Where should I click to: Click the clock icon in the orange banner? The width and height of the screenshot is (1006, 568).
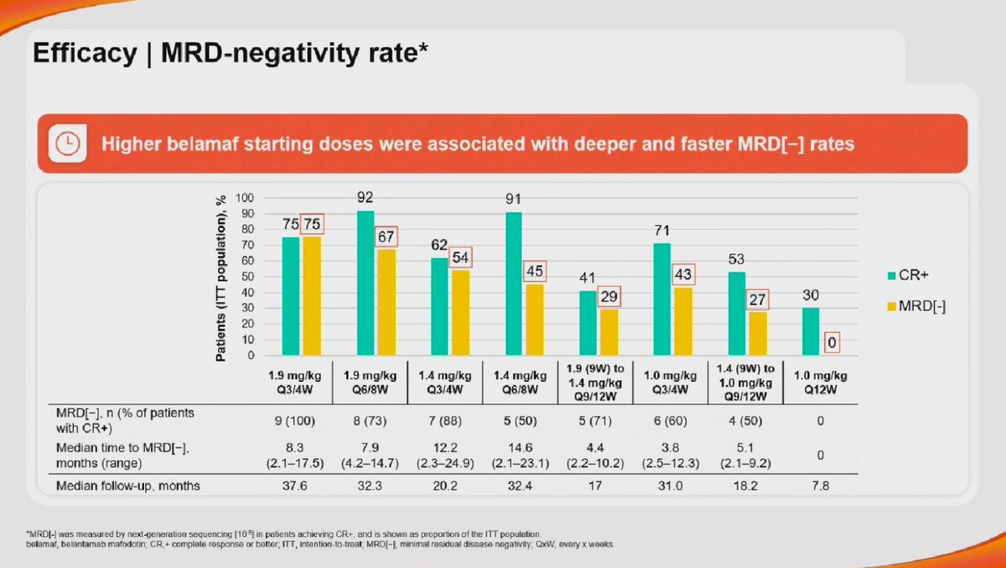tap(64, 144)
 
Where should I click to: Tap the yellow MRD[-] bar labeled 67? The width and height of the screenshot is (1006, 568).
tap(386, 302)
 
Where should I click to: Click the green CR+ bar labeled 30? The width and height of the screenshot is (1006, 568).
tap(811, 331)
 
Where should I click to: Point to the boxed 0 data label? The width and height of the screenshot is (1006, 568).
tap(832, 342)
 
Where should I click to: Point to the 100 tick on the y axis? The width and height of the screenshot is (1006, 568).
tap(245, 198)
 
